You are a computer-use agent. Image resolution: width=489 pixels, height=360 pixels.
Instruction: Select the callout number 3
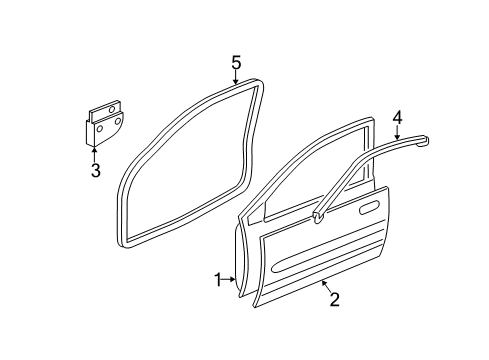[x=95, y=171]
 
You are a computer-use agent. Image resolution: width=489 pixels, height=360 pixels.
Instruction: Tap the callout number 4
[x=397, y=118]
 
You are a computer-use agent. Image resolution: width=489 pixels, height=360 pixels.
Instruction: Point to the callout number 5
[x=236, y=64]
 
